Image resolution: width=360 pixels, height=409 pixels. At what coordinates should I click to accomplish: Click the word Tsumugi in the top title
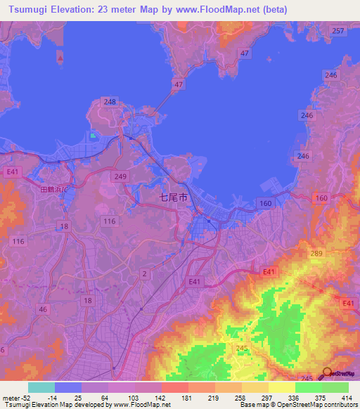click(x=27, y=8)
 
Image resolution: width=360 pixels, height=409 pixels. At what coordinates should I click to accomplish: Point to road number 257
click(x=338, y=31)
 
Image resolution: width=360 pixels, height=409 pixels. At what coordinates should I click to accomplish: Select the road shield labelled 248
click(x=110, y=102)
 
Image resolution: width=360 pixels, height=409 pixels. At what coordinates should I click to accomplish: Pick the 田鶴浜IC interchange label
click(x=53, y=190)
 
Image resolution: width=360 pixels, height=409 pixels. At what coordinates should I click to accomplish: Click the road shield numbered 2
click(x=144, y=273)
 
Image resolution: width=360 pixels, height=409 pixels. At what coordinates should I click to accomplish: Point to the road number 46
click(x=43, y=309)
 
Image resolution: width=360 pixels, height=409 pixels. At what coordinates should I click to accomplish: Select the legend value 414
click(x=346, y=398)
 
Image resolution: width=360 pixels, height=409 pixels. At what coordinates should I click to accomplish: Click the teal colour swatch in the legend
click(x=41, y=387)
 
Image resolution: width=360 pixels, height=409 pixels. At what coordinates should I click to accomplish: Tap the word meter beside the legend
click(x=11, y=398)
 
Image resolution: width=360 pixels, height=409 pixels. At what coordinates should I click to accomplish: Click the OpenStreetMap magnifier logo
click(x=327, y=373)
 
